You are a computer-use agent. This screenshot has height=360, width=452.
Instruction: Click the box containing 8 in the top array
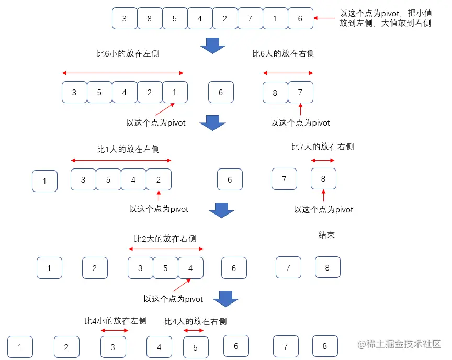[x=150, y=19]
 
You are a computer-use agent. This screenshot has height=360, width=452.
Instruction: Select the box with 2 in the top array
[x=225, y=19]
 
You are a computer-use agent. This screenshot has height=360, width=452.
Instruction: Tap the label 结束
[x=326, y=235]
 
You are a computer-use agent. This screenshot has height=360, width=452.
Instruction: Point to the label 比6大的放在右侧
[x=284, y=54]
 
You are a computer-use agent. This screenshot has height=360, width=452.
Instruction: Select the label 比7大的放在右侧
[x=322, y=147]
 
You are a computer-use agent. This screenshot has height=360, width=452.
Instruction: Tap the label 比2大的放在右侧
[x=165, y=239]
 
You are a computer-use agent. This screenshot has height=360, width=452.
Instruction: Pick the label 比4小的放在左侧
[x=116, y=321]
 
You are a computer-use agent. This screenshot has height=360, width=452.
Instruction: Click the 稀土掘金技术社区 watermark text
[x=400, y=344]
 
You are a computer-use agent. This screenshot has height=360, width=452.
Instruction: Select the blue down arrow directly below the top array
[x=212, y=46]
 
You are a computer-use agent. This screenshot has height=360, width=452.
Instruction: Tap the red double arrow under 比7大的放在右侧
[x=323, y=160]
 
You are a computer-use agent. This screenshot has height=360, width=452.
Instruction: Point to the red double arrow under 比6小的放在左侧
[x=123, y=73]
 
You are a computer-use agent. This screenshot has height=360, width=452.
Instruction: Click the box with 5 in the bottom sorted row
[x=196, y=347]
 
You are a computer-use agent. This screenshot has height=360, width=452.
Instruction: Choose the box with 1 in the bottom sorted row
[x=20, y=347]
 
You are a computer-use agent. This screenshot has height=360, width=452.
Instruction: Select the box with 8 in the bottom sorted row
[x=325, y=346]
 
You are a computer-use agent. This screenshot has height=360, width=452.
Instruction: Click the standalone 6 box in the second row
[x=221, y=93]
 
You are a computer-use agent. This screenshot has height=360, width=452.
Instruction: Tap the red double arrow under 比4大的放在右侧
[x=194, y=331]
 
